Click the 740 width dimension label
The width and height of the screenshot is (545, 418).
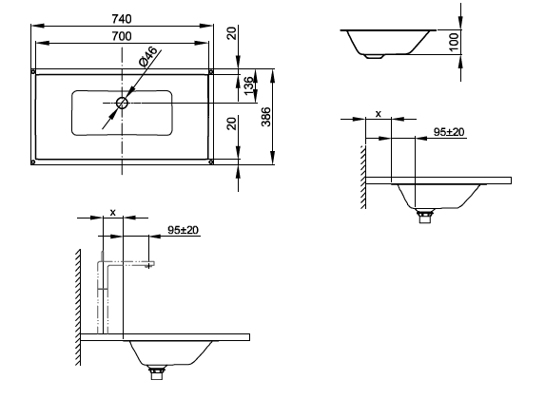tap(122, 19)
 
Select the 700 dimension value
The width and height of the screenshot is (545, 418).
tap(122, 36)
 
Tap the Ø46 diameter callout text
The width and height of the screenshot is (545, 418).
tap(148, 57)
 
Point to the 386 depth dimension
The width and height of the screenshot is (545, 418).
tap(266, 117)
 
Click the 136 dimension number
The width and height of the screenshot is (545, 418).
tap(249, 85)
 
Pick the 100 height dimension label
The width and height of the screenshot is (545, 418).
tap(454, 43)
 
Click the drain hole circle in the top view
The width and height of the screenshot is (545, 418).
tap(122, 103)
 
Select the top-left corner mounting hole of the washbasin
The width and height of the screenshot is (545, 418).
tap(33, 72)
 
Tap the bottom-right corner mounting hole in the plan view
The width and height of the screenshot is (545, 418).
tap(210, 161)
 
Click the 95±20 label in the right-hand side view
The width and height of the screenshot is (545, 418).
tap(449, 132)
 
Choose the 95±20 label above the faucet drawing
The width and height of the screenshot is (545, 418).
tap(184, 230)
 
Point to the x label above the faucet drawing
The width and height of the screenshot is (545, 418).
tap(112, 213)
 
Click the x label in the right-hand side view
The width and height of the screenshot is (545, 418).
tap(379, 114)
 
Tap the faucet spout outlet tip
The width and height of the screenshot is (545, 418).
tap(149, 266)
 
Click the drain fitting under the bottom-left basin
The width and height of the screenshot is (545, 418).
tap(157, 372)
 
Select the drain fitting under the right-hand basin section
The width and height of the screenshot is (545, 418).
tap(425, 216)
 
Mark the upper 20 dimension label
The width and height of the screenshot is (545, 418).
tap(232, 33)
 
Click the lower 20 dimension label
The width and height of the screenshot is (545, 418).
tap(232, 123)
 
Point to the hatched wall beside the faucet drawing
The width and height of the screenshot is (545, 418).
tap(78, 307)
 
